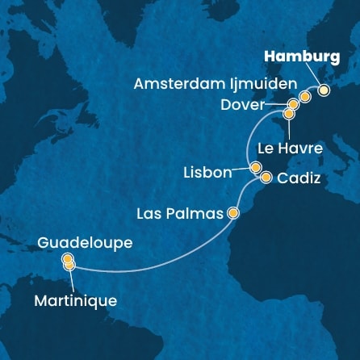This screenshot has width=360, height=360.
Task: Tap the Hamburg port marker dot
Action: (x=324, y=90)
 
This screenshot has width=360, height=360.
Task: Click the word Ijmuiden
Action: (x=263, y=84)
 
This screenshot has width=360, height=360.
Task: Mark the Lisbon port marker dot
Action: (x=255, y=168)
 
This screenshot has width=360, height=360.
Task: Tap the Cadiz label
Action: (x=299, y=181)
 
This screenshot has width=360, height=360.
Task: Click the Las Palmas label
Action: (x=180, y=214)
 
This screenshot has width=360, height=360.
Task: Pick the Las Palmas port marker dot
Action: (x=233, y=214)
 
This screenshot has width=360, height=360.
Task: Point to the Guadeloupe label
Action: (x=84, y=242)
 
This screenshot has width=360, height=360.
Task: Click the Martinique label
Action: (x=76, y=301)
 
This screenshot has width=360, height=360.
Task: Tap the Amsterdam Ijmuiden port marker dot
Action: (x=305, y=98)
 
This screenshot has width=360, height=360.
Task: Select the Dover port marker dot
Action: (x=294, y=105)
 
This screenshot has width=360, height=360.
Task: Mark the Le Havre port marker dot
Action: (x=288, y=115)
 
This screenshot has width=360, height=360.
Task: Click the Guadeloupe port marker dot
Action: (x=68, y=259)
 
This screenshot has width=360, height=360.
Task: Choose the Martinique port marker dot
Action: (x=69, y=265)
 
